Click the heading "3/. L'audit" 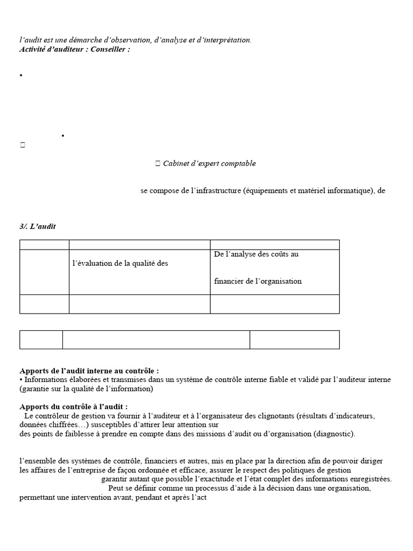tap(38, 227)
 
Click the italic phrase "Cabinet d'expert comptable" tap(209, 164)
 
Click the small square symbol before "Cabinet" tap(158, 164)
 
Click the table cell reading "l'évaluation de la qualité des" tap(120, 263)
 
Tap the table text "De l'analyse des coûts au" tap(256, 254)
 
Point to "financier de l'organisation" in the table tap(258, 281)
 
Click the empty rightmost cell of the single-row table tap(294, 340)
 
